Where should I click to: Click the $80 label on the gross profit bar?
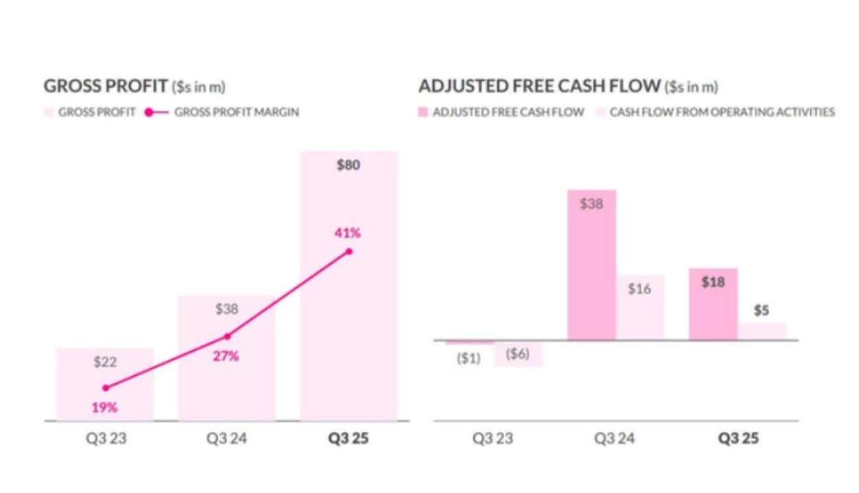click(x=349, y=165)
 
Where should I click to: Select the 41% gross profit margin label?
click(x=348, y=233)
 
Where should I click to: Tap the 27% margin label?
click(x=226, y=356)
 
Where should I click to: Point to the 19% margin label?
click(x=104, y=407)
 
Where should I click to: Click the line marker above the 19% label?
click(x=105, y=388)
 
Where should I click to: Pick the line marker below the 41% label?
click(x=349, y=251)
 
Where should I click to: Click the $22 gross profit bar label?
click(x=105, y=362)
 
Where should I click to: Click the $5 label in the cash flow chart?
click(x=762, y=310)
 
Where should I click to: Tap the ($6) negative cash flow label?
click(x=517, y=354)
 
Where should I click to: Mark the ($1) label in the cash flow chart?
click(x=469, y=358)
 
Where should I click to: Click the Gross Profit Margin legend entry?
click(x=236, y=112)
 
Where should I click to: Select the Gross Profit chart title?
click(x=106, y=87)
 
